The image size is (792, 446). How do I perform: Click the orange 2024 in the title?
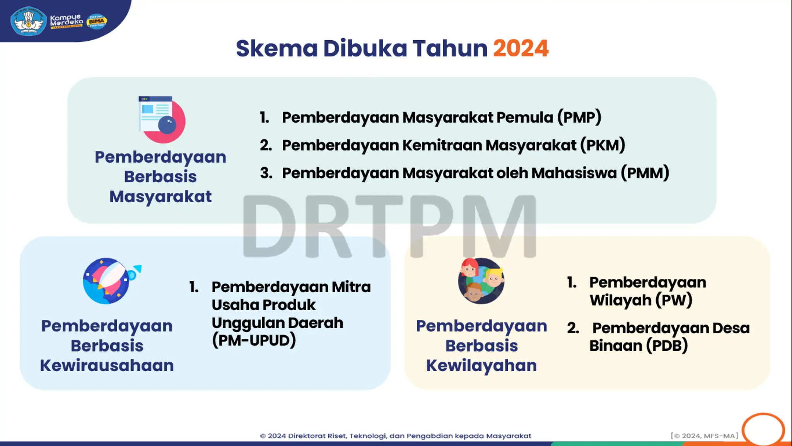[521, 48]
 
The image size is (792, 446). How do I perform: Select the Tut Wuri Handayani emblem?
[28, 21]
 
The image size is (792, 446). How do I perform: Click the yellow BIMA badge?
[96, 21]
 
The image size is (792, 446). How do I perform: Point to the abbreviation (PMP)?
[579, 117]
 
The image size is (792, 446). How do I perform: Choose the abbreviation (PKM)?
[603, 145]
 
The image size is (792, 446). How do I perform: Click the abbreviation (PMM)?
[645, 173]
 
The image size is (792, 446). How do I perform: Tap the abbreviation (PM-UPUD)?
[254, 341]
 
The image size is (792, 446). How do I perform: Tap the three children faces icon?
[481, 281]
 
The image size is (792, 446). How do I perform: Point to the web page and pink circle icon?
[161, 119]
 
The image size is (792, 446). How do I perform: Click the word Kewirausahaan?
[107, 365]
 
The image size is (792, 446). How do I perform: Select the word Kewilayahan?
[481, 365]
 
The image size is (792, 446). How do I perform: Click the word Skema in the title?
[277, 48]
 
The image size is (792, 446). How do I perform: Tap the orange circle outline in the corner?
[763, 430]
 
